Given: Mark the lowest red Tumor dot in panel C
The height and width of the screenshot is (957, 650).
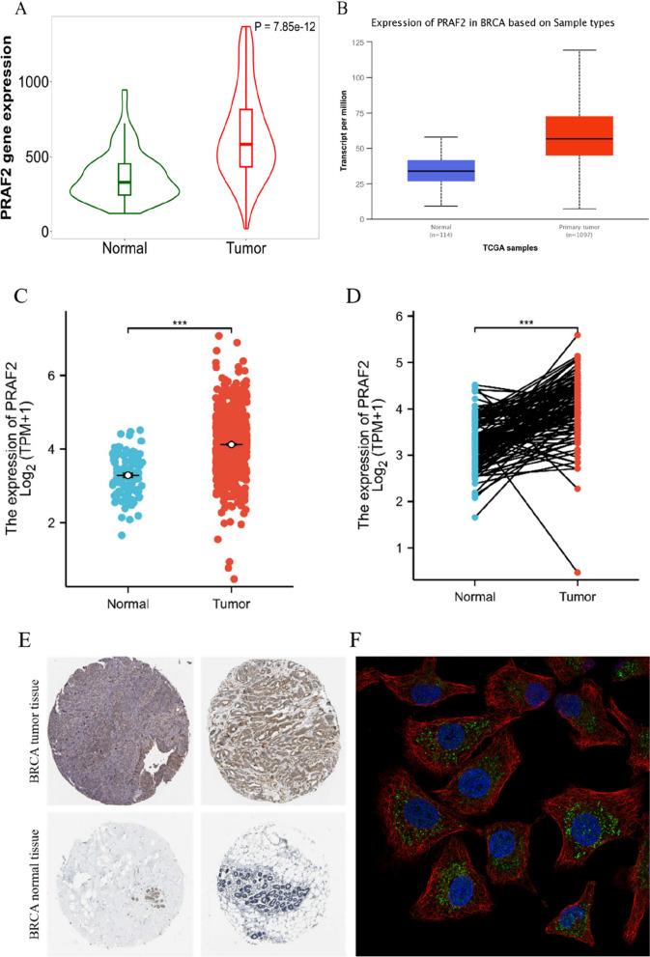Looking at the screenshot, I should coord(234,578).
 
